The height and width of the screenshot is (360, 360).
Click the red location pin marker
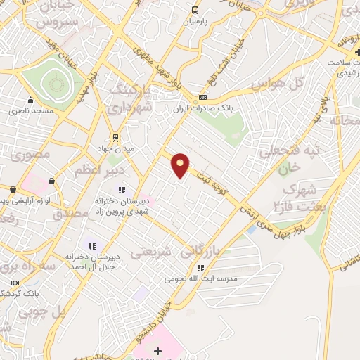(181, 165)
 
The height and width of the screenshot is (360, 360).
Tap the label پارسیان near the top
(197, 22)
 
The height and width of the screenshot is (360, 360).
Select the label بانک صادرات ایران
(203, 109)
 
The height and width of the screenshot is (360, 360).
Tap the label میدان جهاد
(114, 148)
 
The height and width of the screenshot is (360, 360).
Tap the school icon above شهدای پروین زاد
(121, 189)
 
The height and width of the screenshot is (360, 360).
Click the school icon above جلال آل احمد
(89, 246)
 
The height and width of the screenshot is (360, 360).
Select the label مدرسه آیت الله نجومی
(201, 278)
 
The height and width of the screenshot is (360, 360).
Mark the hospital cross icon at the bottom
(157, 350)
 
